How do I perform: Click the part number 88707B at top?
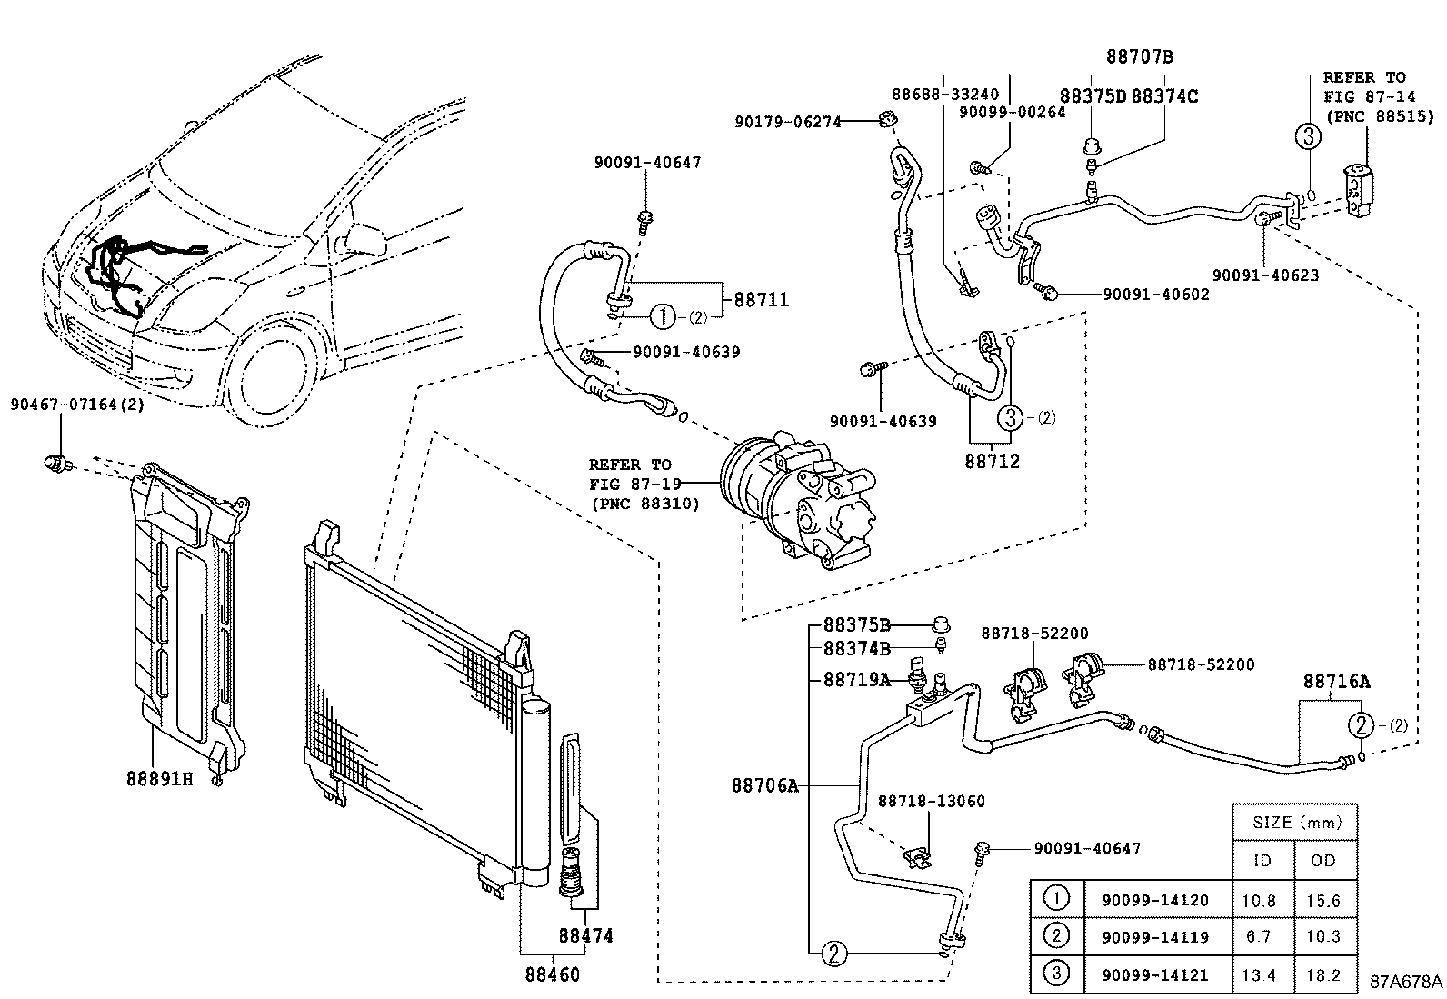click(x=1139, y=56)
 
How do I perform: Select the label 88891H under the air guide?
click(x=159, y=778)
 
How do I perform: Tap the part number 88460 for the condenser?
click(x=552, y=974)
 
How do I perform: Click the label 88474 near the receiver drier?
click(x=585, y=934)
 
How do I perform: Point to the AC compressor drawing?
click(x=795, y=500)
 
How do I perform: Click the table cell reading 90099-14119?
click(x=1154, y=936)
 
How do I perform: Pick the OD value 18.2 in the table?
click(x=1322, y=974)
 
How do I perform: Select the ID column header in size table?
click(x=1262, y=860)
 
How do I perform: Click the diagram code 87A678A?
click(x=1405, y=982)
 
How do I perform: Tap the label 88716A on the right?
click(x=1336, y=681)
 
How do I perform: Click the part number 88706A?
click(x=764, y=784)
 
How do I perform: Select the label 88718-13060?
click(x=931, y=801)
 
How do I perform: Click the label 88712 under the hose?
click(x=992, y=461)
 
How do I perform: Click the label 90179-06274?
click(x=788, y=120)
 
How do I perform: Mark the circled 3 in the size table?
click(x=1056, y=974)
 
